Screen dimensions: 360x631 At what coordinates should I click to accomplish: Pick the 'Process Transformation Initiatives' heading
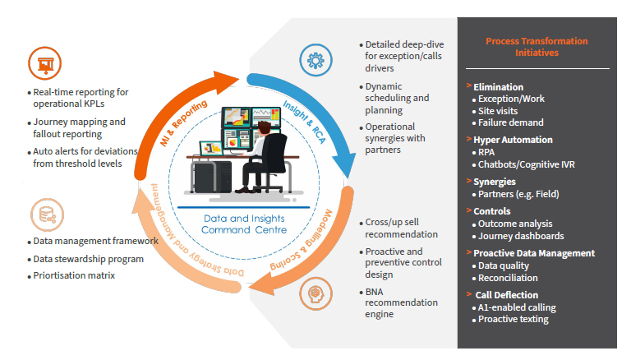[x=537, y=46]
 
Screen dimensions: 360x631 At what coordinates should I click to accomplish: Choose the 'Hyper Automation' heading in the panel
[x=513, y=140]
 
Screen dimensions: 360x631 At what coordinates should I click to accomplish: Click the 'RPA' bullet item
[x=487, y=152]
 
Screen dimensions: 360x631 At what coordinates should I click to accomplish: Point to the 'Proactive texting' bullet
[x=514, y=319]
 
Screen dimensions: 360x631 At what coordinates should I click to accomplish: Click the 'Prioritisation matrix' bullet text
[x=74, y=275]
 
